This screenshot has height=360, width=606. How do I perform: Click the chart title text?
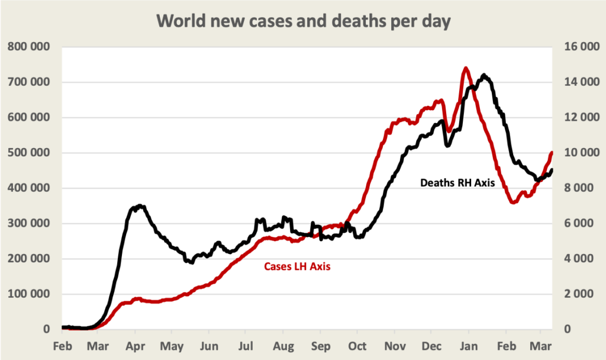[303, 22]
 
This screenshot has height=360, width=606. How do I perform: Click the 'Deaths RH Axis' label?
[457, 183]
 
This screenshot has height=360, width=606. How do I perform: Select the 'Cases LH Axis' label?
[296, 267]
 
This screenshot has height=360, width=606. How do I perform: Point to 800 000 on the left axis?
[28, 47]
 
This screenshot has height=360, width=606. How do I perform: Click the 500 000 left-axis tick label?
[28, 153]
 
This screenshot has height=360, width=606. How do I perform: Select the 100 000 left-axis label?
[28, 294]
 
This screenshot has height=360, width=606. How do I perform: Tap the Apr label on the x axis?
[136, 346]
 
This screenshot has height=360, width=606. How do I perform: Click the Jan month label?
[469, 346]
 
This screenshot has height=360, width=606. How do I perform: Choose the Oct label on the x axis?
[357, 346]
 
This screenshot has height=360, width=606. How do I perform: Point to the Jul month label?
[246, 346]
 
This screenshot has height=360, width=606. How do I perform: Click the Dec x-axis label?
[431, 346]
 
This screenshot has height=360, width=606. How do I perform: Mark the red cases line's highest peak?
[466, 68]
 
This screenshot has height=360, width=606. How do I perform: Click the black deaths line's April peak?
[140, 206]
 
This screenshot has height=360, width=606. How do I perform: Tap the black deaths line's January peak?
[484, 75]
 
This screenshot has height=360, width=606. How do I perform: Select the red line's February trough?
[513, 202]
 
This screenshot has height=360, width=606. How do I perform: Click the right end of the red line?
[552, 153]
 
